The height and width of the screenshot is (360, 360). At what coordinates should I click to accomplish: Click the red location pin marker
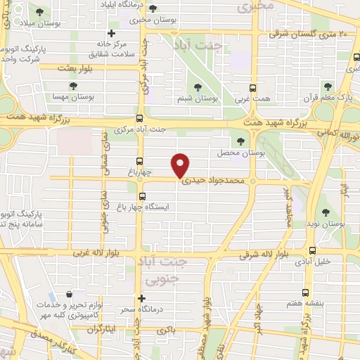coord(181,165)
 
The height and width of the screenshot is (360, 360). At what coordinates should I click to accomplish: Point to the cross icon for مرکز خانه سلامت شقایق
coord(110,33)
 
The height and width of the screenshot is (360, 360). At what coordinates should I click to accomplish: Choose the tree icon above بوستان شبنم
coord(198,87)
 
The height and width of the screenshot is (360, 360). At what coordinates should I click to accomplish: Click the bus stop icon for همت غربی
coord(255,89)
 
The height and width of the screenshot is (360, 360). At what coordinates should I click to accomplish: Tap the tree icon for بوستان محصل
coord(241,141)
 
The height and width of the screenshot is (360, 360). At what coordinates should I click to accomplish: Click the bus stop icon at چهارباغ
coord(139,160)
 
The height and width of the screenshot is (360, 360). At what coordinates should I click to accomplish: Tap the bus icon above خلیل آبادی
coord(312,250)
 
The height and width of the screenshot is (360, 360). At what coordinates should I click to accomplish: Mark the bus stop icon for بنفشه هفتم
coord(304,292)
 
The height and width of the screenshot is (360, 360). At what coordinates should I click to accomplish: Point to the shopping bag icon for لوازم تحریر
coord(68,295)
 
